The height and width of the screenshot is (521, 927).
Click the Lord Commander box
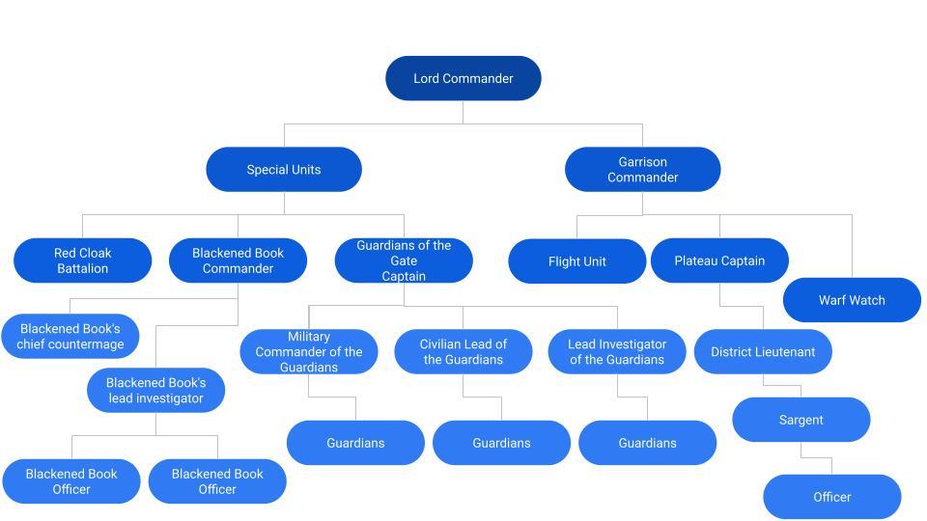click(x=463, y=78)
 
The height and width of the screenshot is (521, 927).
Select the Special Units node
click(x=283, y=170)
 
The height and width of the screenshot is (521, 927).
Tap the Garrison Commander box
click(x=642, y=170)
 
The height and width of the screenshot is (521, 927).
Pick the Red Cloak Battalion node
click(x=82, y=260)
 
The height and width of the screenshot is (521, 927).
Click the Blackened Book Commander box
click(x=238, y=260)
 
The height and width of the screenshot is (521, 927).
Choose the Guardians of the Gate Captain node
click(x=404, y=260)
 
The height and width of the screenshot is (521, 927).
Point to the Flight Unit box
click(x=576, y=261)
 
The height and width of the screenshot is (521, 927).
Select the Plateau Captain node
click(x=719, y=260)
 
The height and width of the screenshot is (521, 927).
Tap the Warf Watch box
click(x=852, y=300)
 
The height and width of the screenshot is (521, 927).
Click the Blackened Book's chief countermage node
click(x=70, y=337)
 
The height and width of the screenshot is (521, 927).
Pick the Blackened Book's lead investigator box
click(x=155, y=391)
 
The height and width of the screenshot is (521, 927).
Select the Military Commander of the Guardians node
click(x=308, y=352)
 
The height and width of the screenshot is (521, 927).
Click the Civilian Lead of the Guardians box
click(x=463, y=352)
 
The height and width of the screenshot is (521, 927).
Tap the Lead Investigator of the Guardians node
click(x=617, y=352)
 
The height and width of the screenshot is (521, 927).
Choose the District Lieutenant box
click(x=763, y=352)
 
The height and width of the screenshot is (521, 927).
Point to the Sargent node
click(x=801, y=420)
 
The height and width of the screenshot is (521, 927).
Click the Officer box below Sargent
click(x=831, y=497)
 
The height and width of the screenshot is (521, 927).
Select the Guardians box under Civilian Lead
click(x=501, y=443)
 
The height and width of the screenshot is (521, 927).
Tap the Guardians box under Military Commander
click(x=355, y=443)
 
